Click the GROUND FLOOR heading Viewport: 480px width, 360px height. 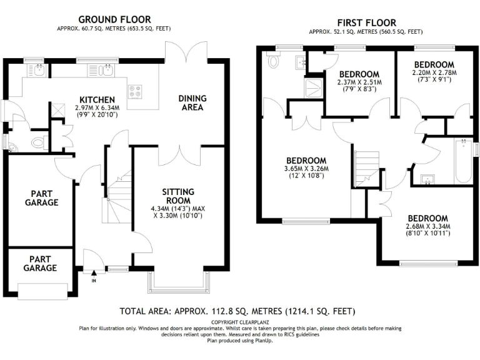point(114,19)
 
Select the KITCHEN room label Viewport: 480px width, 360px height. point(96,100)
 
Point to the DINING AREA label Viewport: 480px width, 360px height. point(192,103)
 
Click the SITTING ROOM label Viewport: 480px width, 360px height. point(177,196)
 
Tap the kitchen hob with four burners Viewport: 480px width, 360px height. point(134,92)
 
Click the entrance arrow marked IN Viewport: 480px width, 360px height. point(94,273)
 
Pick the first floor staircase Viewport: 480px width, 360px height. point(367,169)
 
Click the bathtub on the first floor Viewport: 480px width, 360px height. point(462,161)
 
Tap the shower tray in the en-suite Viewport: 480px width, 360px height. point(311,88)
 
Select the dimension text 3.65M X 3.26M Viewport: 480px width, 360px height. point(306,168)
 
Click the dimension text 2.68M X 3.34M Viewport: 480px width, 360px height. point(428,226)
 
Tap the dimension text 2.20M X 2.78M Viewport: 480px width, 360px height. point(434,73)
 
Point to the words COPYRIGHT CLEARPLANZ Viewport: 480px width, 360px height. point(239,322)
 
